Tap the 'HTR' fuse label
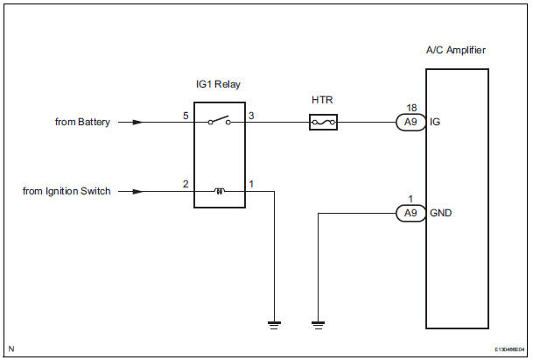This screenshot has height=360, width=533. point(322,101)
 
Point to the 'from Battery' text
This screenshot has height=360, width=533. point(82,123)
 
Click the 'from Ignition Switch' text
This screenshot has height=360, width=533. point(67,190)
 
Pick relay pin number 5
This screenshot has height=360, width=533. point(185,116)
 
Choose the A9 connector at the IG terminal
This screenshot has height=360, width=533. point(408,123)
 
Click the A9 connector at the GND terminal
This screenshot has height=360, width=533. point(408,212)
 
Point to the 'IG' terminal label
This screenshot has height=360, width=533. point(435,124)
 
